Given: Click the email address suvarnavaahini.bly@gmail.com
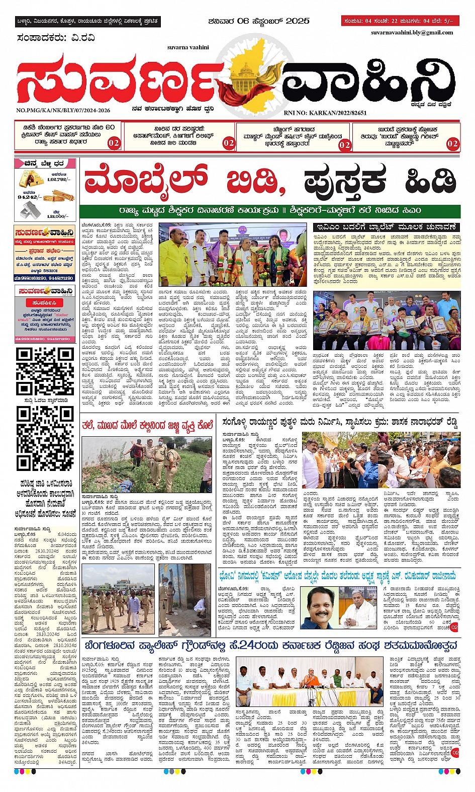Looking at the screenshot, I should (412, 33).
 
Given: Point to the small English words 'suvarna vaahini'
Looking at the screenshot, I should (188, 47).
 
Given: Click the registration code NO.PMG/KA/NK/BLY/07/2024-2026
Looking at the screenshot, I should (63, 110).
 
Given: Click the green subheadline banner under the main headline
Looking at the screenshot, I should (270, 210).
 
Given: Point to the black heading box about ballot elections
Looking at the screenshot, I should (386, 227).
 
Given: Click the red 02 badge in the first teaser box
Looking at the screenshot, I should (114, 143).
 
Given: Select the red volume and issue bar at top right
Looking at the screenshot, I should (400, 21).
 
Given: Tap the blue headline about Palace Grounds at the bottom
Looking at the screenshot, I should (271, 646).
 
